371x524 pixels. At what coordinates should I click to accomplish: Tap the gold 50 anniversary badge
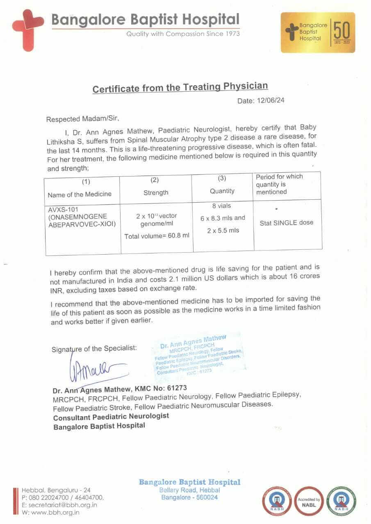pyautogui.click(x=317, y=32)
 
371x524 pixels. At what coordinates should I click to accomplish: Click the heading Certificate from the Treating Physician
pyautogui.click(x=180, y=88)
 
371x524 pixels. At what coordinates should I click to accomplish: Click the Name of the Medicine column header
pyautogui.click(x=79, y=194)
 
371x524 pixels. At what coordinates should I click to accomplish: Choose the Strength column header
pyautogui.click(x=156, y=192)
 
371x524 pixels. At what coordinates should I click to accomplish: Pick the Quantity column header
pyautogui.click(x=222, y=191)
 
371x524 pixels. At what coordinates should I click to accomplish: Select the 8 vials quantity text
pyautogui.click(x=222, y=206)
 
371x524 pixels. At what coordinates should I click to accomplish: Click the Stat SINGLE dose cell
pyautogui.click(x=287, y=223)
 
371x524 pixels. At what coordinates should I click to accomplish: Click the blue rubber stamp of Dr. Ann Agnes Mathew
pyautogui.click(x=199, y=353)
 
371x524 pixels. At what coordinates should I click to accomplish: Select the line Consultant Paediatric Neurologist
pyautogui.click(x=111, y=416)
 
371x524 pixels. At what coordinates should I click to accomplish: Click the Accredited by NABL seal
pyautogui.click(x=309, y=500)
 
